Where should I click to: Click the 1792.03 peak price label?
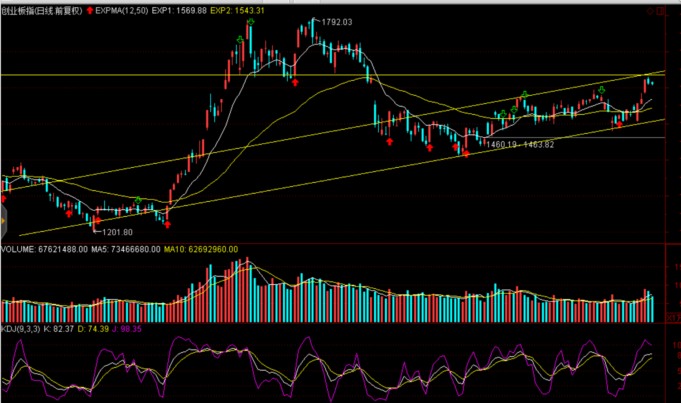(x=337, y=22)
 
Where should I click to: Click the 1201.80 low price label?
(x=117, y=232)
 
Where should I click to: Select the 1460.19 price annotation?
(x=502, y=145)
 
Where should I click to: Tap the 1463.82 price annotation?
(x=539, y=145)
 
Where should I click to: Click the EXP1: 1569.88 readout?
(x=179, y=10)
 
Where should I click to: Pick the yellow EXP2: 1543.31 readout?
(x=237, y=10)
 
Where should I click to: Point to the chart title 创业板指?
(x=18, y=10)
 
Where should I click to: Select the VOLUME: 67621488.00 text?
(x=44, y=249)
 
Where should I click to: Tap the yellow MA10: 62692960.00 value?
(x=201, y=249)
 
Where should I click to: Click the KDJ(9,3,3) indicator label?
(x=20, y=329)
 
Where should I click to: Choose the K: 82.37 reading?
(x=58, y=329)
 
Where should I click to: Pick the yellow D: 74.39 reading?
(x=93, y=329)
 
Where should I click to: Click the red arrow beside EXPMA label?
(x=90, y=10)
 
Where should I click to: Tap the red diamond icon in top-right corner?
(x=650, y=11)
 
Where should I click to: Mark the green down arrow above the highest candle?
(x=251, y=22)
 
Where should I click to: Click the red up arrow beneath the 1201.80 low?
(x=98, y=221)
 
